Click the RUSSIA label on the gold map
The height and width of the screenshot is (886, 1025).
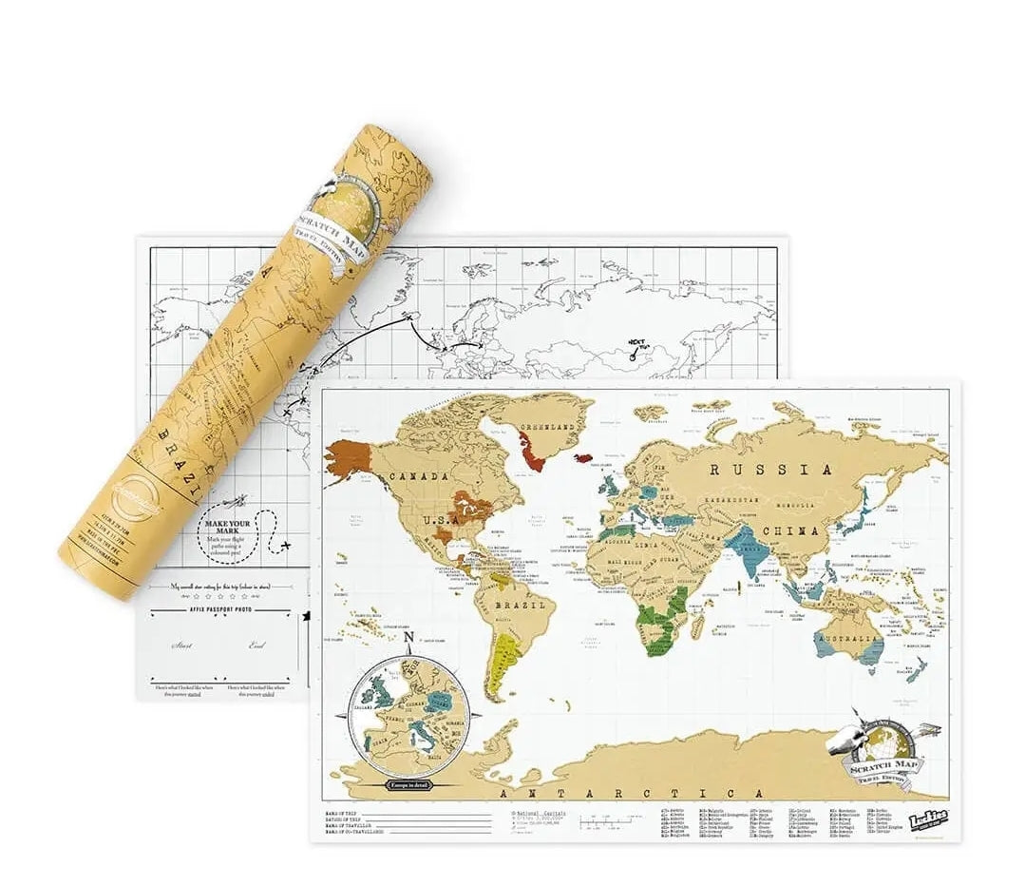pos(769,469)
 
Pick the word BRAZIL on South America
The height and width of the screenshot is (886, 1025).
pos(518,605)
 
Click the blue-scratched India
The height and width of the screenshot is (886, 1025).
pos(748,552)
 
